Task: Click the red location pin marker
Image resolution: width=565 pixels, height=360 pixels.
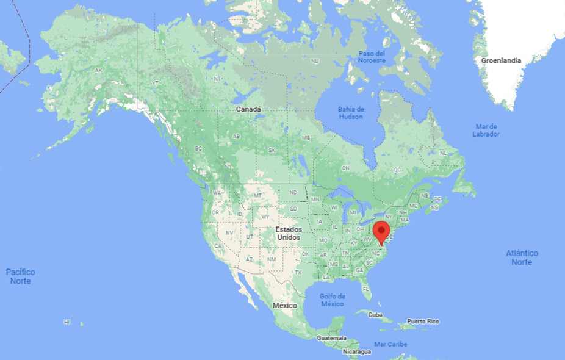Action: coord(381,232)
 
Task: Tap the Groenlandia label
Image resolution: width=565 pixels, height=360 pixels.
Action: coord(501,61)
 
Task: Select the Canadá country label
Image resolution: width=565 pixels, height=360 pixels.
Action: coord(248,109)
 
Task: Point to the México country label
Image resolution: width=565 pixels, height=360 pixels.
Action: coord(284,305)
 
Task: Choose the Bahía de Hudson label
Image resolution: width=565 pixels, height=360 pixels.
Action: coord(351,113)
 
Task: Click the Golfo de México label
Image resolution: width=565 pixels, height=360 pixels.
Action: coord(333,300)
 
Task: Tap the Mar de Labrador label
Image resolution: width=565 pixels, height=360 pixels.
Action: coord(486,130)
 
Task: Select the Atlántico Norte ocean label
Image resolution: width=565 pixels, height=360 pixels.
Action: coord(522,257)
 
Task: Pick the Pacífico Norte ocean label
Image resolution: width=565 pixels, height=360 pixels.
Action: coord(20,276)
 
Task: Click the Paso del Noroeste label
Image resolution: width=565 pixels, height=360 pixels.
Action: coord(372,57)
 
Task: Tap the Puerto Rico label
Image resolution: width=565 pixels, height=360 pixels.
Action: coord(423,321)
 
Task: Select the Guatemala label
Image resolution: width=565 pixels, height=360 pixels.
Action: coord(331,338)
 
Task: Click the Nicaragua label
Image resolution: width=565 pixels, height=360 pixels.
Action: coord(356,352)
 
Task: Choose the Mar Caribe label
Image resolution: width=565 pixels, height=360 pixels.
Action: coord(390,345)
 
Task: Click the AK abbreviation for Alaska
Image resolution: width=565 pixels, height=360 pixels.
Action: coord(99,70)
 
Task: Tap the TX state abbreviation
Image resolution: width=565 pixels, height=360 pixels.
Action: coord(298,272)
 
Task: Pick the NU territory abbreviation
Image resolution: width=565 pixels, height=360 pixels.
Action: coord(315,62)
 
